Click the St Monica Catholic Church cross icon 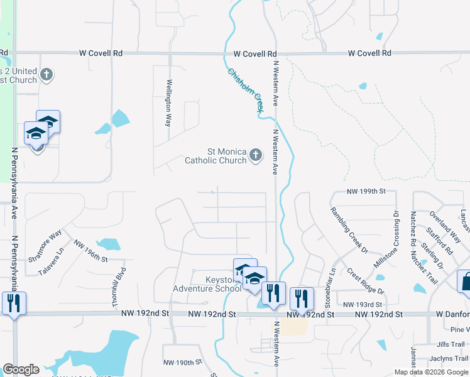click(x=255, y=155)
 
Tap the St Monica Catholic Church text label click(x=216, y=156)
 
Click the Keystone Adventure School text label click(x=207, y=284)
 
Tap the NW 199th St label click(x=366, y=190)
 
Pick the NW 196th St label click(x=91, y=250)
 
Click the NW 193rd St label click(x=359, y=304)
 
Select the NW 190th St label click(x=182, y=363)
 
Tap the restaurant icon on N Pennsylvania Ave click(x=13, y=303)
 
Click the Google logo click(x=21, y=369)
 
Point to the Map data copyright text click(x=431, y=372)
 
